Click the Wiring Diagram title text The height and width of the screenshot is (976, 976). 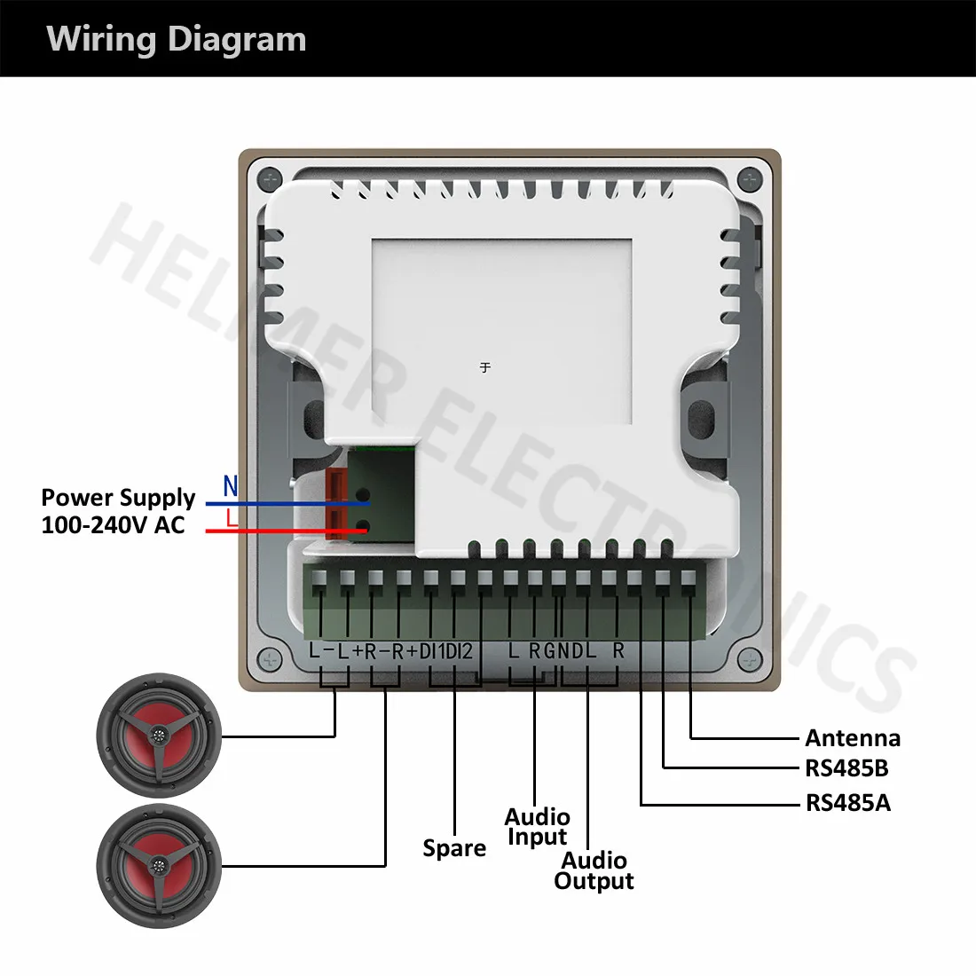point(177,39)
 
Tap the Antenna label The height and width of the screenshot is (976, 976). point(852,738)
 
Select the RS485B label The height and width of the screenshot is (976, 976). point(846,768)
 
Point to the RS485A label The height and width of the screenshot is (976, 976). point(847,803)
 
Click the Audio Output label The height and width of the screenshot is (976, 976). point(594,870)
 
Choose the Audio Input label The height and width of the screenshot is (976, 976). point(537,827)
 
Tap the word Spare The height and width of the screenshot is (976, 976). point(454,848)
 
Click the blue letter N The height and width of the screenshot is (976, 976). point(231,486)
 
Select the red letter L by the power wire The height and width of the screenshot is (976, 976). point(232,518)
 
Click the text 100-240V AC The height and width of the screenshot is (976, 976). point(113,525)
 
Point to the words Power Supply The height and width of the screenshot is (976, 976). point(118,497)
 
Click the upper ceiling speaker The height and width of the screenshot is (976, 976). point(158,736)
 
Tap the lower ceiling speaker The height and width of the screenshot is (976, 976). point(158,866)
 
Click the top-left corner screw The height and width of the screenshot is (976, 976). point(269,179)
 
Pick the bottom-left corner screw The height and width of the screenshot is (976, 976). point(269,660)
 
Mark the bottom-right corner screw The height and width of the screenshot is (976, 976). point(751,660)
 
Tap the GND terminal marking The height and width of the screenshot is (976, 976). point(563,650)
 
